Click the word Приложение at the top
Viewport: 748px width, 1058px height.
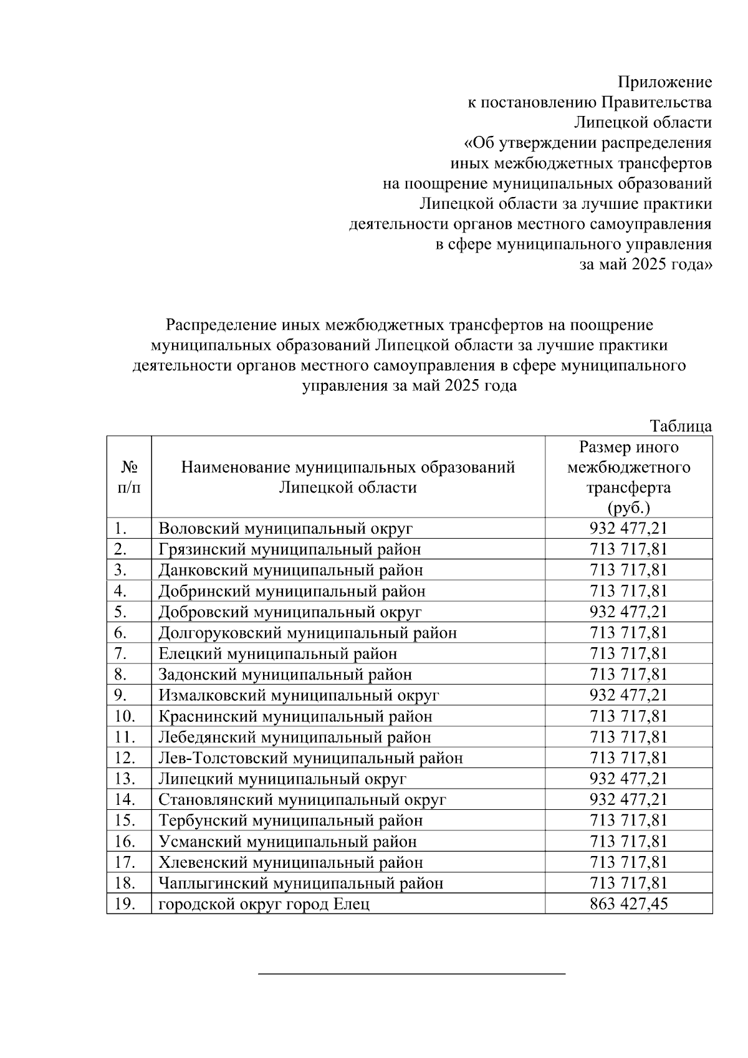(x=664, y=82)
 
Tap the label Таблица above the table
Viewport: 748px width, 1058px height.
(x=680, y=426)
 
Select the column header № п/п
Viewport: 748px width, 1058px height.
(x=129, y=477)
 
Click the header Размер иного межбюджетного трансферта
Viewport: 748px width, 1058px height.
(x=628, y=477)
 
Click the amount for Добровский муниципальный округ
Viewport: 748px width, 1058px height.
(x=628, y=612)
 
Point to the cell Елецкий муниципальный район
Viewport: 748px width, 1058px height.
(x=277, y=653)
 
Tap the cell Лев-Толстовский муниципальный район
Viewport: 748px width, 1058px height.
(x=310, y=758)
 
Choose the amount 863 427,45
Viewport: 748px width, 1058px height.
(x=628, y=904)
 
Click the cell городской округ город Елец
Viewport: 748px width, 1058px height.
(x=264, y=904)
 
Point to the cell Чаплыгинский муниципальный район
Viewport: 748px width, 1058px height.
(x=301, y=883)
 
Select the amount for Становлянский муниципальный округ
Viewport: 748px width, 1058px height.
(x=628, y=799)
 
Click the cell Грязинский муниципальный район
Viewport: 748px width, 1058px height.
(x=289, y=549)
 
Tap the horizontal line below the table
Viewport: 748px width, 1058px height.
(x=411, y=973)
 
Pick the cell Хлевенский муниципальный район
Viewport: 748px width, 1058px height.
(x=290, y=862)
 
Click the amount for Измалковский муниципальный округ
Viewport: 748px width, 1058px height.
(x=628, y=695)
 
